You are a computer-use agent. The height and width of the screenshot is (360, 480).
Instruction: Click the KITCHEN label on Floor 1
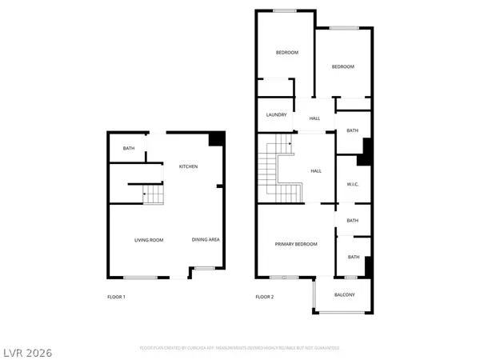point(188,166)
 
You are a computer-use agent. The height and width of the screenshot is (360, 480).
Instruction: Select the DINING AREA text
point(206,240)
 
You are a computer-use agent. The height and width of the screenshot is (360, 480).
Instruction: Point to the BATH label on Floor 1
point(128,149)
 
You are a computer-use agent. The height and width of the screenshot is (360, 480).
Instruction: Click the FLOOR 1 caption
point(116,297)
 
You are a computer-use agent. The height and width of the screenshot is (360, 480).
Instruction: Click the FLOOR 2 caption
point(264,297)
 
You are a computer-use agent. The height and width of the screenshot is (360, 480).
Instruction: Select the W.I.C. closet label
point(352,186)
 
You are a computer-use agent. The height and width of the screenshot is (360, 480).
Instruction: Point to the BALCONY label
point(345,294)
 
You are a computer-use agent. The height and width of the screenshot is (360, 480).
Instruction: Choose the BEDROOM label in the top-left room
point(287,53)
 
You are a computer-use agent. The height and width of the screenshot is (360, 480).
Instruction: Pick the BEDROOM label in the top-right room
point(342,67)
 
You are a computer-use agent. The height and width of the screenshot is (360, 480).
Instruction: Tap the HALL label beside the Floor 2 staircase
point(315,170)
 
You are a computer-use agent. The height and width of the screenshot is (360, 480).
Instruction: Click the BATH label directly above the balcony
point(352,257)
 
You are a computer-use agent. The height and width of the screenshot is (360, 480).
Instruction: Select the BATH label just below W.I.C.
point(352,221)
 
